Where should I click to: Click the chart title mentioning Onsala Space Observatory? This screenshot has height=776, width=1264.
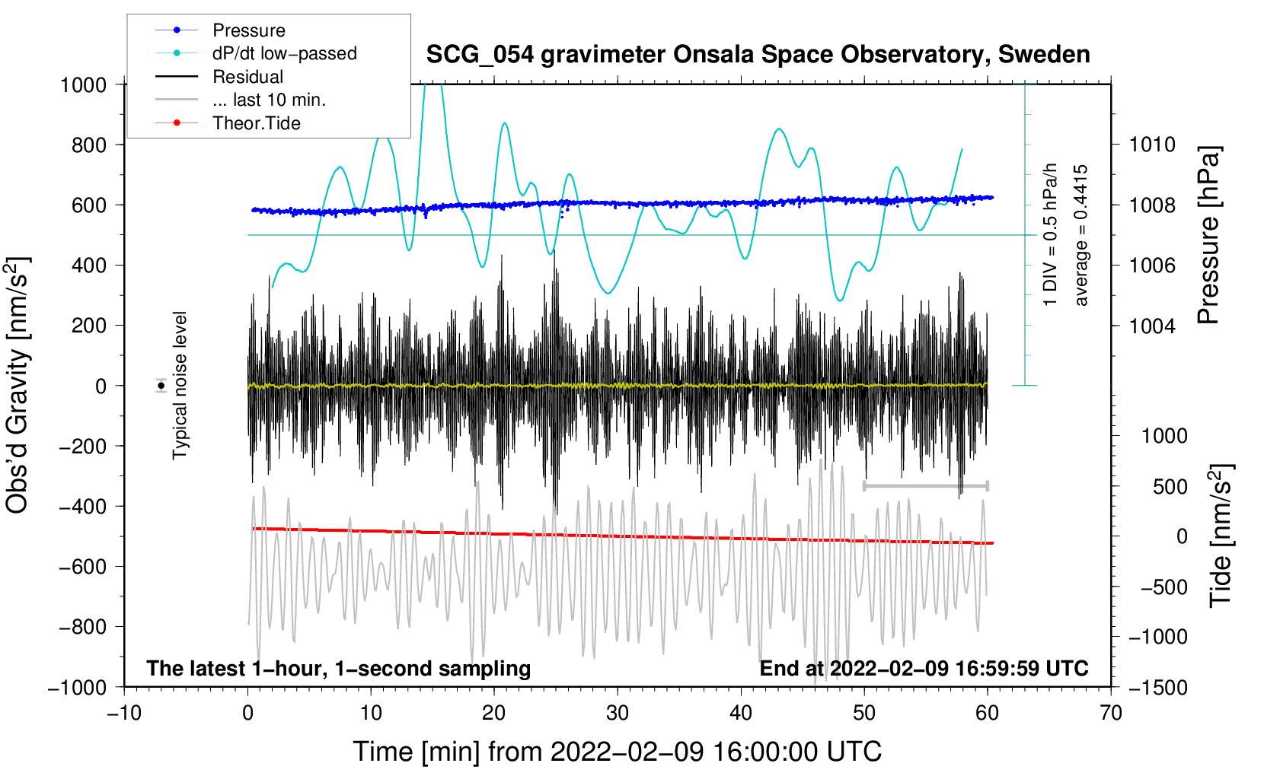(758, 55)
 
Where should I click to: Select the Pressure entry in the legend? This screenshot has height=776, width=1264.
(249, 30)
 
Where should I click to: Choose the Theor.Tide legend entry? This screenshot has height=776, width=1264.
(256, 123)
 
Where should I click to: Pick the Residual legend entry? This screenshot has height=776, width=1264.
(247, 77)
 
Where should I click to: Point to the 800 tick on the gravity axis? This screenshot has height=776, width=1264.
(89, 145)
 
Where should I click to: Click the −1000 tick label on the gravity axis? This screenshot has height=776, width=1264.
(78, 688)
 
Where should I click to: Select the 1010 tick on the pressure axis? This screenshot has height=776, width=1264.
(1152, 145)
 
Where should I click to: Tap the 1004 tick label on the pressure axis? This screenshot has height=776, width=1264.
(1152, 326)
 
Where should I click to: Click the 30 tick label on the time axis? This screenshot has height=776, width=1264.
(618, 713)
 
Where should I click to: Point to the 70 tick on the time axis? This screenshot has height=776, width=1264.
(1110, 713)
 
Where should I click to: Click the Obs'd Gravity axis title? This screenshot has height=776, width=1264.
(17, 386)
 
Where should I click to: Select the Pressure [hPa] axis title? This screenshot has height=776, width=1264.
(1208, 236)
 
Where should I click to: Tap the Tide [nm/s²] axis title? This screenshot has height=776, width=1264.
(1221, 536)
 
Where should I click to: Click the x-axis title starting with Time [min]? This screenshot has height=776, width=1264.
(617, 752)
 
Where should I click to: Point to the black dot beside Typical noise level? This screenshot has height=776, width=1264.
(161, 386)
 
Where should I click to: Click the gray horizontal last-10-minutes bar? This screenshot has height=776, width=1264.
(925, 485)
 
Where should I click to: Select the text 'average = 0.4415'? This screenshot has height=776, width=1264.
(1080, 236)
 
